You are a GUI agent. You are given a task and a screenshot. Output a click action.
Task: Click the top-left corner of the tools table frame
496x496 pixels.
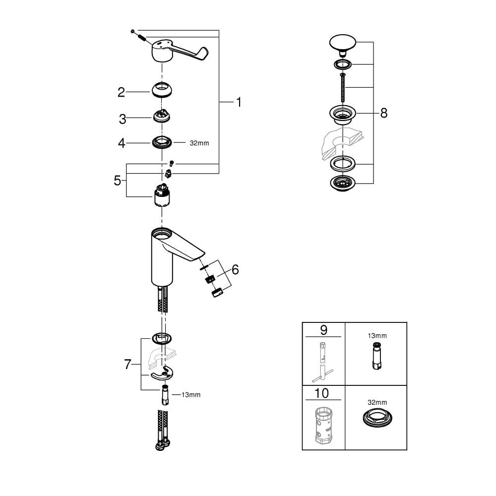303,322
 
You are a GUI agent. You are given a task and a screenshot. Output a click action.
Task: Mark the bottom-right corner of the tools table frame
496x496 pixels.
407,450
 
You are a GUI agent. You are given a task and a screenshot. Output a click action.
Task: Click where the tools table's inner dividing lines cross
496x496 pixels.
345,385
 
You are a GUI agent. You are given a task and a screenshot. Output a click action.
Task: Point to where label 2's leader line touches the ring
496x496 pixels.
150,92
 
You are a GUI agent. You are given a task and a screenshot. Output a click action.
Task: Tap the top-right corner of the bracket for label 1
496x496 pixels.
219,30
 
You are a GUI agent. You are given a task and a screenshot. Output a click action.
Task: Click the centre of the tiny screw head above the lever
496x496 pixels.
132,31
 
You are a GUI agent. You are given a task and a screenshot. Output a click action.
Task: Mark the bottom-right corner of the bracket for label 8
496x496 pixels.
373,184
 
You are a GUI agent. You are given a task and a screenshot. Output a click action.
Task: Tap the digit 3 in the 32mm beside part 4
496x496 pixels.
192,143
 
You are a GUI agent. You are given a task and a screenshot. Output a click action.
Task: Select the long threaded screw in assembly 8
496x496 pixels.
343,87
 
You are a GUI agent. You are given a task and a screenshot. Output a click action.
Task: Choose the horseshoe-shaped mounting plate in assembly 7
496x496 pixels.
162,373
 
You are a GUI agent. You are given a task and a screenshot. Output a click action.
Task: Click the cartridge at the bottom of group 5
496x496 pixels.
162,195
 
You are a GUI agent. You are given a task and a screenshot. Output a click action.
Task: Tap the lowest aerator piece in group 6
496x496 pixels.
217,293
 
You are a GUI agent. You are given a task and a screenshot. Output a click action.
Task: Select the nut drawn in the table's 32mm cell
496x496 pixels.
376,417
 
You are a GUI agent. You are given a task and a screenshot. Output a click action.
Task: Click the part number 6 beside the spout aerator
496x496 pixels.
235,270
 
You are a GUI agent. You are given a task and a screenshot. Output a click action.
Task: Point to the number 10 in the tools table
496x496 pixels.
322,393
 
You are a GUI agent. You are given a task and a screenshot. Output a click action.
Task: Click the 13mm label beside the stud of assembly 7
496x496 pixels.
191,395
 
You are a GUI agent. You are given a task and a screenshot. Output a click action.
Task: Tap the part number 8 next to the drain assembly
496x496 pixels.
384,113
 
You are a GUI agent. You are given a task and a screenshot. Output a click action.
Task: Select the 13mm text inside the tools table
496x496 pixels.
377,336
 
